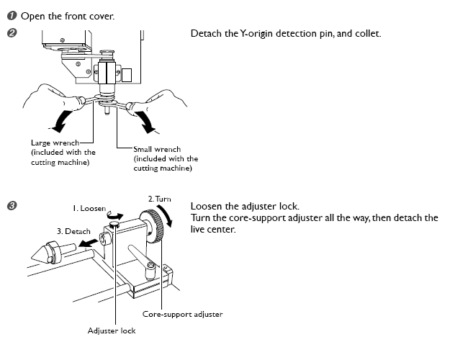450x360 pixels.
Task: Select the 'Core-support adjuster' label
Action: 182,314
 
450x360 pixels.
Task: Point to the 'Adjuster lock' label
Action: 111,330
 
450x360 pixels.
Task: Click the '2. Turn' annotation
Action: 158,198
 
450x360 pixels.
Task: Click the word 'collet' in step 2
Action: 367,34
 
